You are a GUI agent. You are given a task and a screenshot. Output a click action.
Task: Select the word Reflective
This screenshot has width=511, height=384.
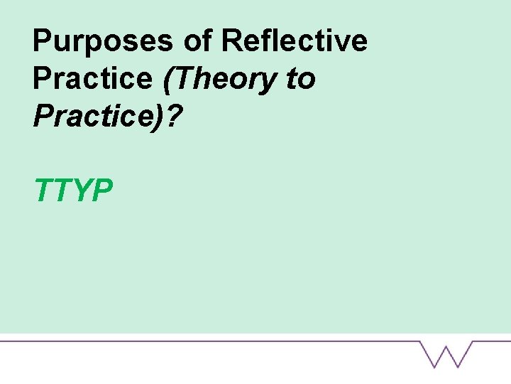tap(295, 41)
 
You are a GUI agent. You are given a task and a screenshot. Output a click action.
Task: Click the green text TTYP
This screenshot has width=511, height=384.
tap(74, 191)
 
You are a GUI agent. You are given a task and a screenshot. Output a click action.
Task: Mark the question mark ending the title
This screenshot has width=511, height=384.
tap(175, 117)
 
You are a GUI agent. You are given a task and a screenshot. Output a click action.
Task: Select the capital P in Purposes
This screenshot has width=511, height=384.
tap(43, 41)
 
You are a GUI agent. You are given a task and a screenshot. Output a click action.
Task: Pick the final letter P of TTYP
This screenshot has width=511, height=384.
tap(103, 191)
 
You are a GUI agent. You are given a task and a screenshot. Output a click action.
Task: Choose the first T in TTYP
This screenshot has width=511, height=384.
tap(45, 191)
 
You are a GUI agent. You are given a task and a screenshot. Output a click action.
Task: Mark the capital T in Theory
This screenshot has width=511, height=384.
tap(182, 79)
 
